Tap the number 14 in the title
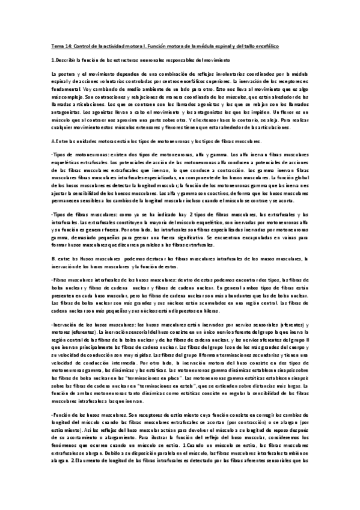68,46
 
